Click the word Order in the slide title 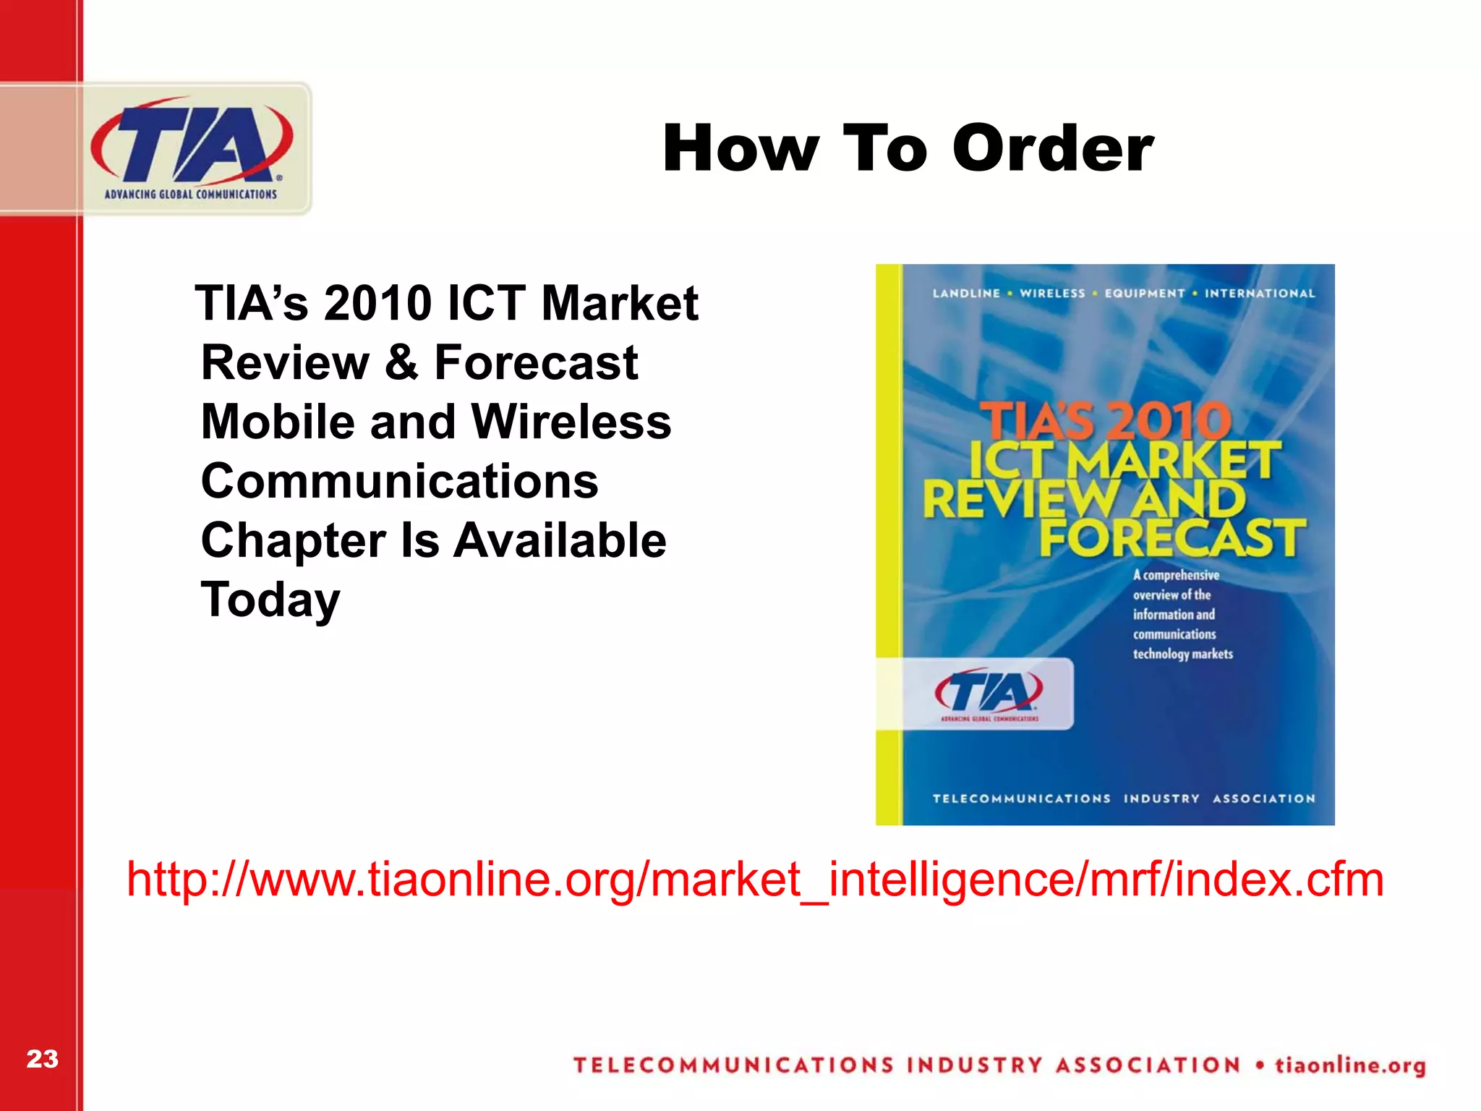1053,148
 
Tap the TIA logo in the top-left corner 192,148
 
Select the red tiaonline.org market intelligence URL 754,880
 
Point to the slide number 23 42,1059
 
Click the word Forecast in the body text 536,362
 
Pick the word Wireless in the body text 571,422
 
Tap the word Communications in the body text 399,481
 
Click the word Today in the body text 270,600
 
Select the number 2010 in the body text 377,303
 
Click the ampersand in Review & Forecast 401,362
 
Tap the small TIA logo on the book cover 989,693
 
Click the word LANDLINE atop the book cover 965,293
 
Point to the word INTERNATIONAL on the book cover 1259,293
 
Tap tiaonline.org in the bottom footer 1349,1065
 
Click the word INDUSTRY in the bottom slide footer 974,1065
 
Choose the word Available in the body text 560,540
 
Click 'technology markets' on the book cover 1182,654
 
